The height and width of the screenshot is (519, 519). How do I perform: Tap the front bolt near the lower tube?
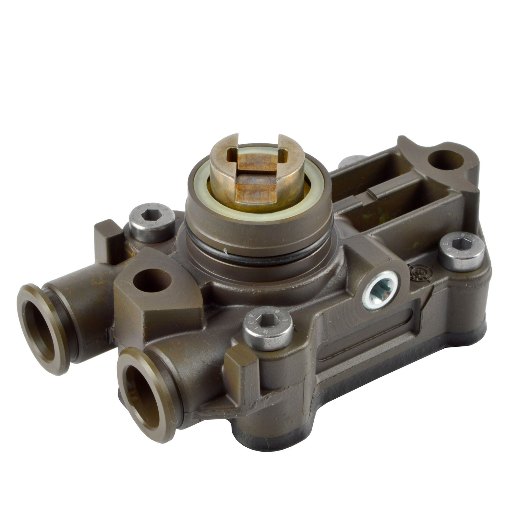click(x=268, y=328)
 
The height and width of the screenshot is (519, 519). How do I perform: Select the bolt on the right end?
click(x=461, y=251)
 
